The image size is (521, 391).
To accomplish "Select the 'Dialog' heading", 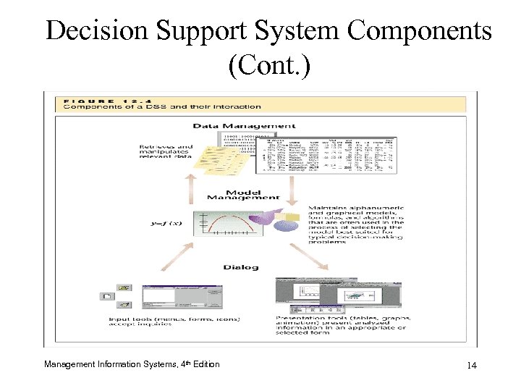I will (240, 267).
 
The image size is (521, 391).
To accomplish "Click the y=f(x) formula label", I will (166, 224).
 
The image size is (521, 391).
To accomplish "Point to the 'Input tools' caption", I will (174, 321).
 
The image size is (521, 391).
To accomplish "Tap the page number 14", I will (472, 365).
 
